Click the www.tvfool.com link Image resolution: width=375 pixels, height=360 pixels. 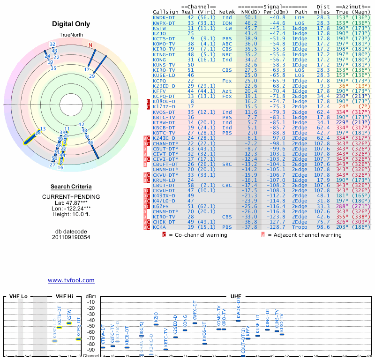71,280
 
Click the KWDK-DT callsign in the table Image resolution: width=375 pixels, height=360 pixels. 164,17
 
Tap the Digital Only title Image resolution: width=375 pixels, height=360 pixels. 71,24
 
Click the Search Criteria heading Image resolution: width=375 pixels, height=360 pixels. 71,187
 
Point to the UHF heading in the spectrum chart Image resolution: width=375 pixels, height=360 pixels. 236,297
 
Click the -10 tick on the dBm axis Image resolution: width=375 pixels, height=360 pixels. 91,302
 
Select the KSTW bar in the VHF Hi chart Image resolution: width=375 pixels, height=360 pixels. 69,323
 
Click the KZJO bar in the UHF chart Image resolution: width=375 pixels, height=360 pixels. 156,324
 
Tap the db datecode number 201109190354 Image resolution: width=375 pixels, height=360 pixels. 71,237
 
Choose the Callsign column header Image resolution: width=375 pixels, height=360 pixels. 165,12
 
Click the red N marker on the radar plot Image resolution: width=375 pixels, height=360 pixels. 90,45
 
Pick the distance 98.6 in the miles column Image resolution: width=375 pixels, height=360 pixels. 323,227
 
